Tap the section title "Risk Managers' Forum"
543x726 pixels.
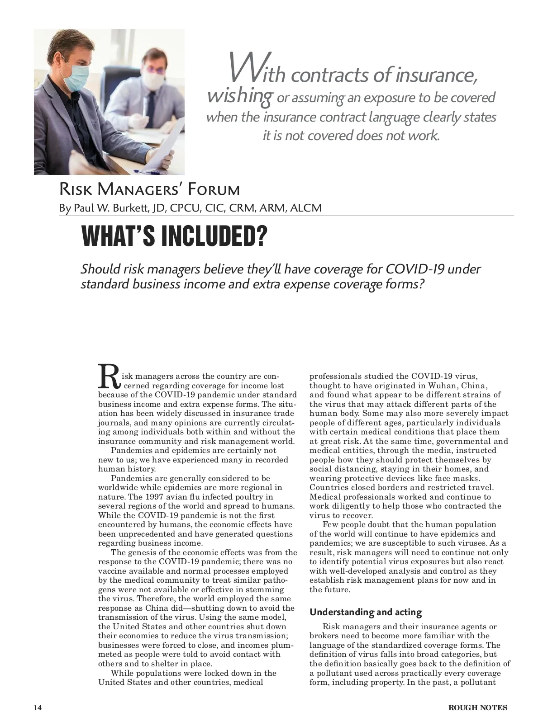click(149, 189)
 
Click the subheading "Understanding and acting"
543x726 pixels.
click(366, 613)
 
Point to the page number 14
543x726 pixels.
click(38, 707)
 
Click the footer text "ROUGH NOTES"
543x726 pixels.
click(477, 707)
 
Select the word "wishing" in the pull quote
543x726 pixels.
click(239, 96)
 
